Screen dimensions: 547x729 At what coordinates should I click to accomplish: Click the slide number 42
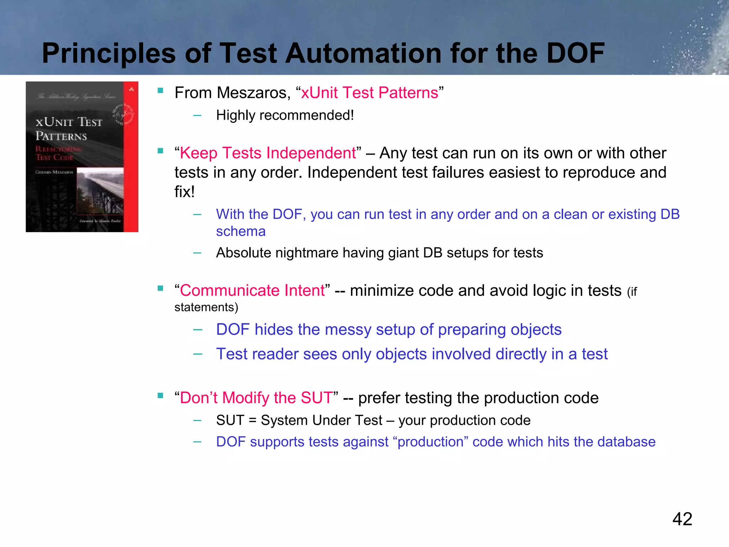[682, 519]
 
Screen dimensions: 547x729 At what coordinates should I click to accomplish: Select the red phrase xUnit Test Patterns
[369, 93]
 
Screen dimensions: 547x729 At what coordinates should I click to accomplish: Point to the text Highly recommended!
[285, 115]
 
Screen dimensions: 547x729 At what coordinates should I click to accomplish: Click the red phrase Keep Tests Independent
[268, 153]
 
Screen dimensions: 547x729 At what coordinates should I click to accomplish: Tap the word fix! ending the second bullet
[184, 192]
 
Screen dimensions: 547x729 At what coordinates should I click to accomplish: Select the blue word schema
[241, 231]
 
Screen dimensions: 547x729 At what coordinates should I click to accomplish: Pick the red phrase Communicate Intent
[252, 291]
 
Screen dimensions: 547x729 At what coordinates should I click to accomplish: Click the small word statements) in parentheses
[206, 307]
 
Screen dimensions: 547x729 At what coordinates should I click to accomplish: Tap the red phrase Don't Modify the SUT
[256, 398]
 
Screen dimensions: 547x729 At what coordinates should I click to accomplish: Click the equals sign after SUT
[252, 421]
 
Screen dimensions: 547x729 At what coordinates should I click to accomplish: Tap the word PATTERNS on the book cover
[61, 136]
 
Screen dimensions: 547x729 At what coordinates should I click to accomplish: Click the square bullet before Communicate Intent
[161, 288]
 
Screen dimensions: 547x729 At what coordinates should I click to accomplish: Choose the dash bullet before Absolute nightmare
[197, 253]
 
